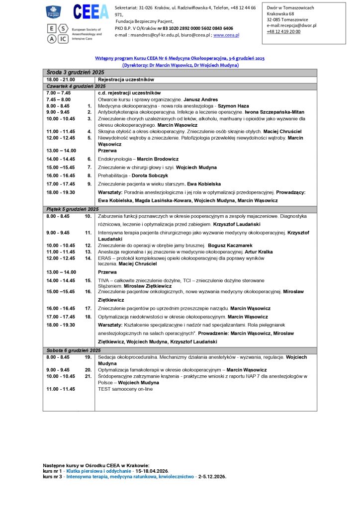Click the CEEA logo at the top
(90, 11)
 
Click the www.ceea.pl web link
(226, 35)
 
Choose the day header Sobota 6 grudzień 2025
(74, 350)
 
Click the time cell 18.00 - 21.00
(61, 80)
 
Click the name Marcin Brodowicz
(158, 159)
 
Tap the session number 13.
(88, 252)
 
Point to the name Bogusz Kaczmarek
(230, 246)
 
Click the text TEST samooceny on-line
(125, 389)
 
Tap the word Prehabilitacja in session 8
(113, 175)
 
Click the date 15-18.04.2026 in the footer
(152, 471)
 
